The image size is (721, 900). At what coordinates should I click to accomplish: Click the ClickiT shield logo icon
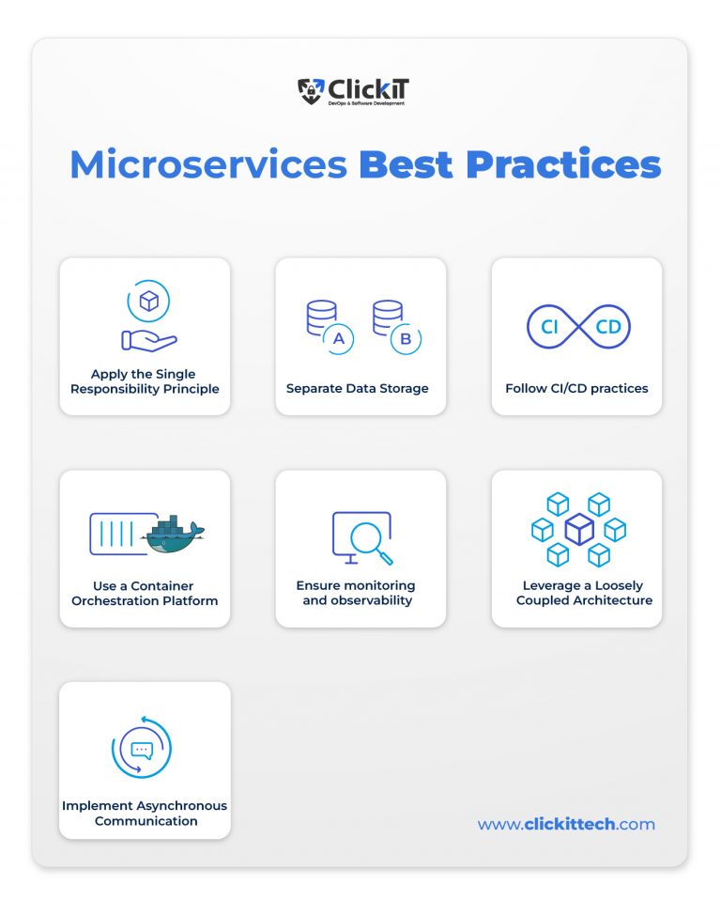tap(311, 91)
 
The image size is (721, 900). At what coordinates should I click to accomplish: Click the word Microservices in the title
tap(208, 165)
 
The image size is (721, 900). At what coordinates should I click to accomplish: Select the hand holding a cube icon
tap(148, 320)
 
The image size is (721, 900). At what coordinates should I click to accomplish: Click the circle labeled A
tap(338, 339)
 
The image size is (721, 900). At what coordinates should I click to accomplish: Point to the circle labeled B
tap(406, 339)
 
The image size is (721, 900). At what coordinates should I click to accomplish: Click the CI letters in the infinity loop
tap(550, 327)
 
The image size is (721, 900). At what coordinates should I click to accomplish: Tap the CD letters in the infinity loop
tap(607, 327)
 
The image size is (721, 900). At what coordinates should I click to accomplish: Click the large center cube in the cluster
tap(578, 530)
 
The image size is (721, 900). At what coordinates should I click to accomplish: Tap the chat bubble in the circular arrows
tap(142, 751)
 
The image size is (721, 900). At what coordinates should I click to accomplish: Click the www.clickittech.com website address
tap(566, 824)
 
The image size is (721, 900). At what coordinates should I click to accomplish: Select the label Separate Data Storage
tap(357, 388)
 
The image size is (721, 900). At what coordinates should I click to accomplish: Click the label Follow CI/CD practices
tap(576, 388)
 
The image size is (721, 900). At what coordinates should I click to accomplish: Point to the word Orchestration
tap(118, 600)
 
